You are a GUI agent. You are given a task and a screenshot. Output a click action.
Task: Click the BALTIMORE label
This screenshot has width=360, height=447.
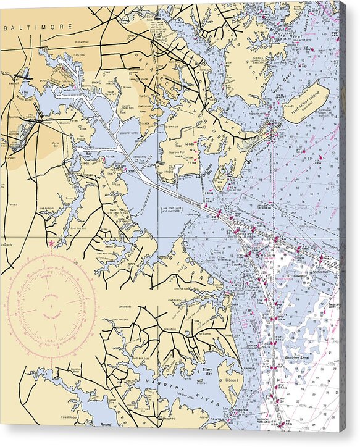[38, 28]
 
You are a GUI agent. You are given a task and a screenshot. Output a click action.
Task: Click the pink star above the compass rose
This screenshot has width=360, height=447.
[51, 244]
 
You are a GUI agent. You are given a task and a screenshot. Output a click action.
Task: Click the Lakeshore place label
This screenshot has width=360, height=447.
[169, 330]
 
